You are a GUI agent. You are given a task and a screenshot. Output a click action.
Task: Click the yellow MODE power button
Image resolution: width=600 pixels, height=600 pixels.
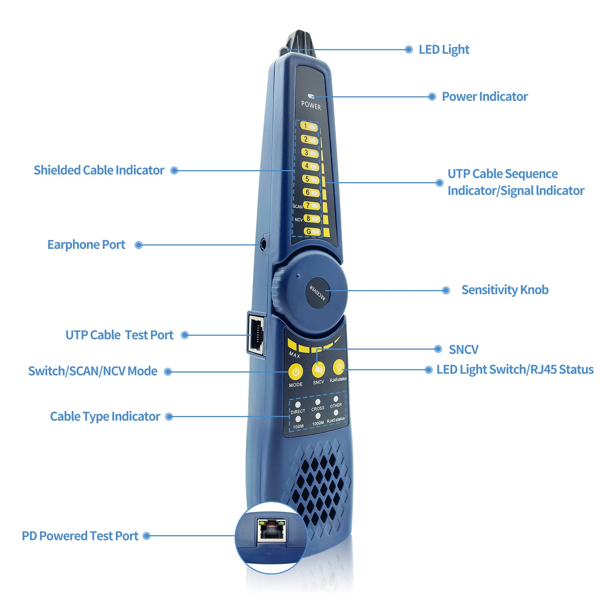coord(296,372)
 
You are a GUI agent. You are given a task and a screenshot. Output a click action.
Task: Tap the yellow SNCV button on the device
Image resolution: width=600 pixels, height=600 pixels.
coord(318,370)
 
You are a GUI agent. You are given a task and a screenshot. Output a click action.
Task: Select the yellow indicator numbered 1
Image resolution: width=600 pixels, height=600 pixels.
coord(309,127)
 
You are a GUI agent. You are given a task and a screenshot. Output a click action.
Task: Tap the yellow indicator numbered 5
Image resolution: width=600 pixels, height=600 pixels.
coord(311,180)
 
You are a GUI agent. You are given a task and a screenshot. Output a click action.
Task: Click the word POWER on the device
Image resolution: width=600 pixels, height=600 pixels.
coord(311,106)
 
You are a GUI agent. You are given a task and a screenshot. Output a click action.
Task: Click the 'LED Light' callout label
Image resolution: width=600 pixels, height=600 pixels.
coord(444,50)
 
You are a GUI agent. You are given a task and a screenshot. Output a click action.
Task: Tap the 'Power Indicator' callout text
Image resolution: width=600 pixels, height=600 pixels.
coord(485,97)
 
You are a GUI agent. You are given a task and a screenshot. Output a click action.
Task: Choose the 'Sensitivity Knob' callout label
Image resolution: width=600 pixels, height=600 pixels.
coord(505,290)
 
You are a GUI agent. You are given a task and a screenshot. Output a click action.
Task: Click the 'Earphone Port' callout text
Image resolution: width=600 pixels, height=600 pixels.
coord(86,245)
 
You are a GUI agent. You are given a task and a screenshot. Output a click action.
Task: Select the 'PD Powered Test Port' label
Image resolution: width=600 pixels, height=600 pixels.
coord(80,536)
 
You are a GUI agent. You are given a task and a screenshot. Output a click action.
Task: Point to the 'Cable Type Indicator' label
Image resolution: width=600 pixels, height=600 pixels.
coord(105,417)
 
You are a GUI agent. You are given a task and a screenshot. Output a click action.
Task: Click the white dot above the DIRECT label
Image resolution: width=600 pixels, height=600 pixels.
coord(298,405)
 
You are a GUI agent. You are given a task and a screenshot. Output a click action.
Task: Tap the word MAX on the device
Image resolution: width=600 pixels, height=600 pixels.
coord(295,354)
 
